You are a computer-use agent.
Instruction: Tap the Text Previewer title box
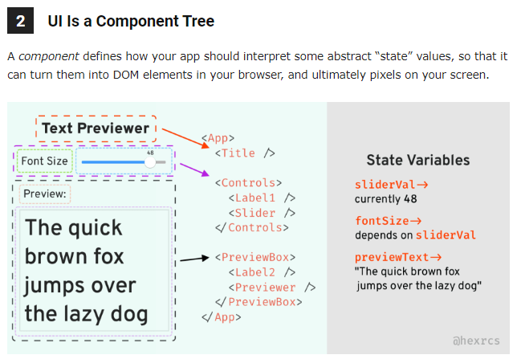click(x=96, y=128)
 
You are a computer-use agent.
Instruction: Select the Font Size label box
click(x=44, y=161)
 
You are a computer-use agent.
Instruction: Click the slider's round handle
click(x=150, y=162)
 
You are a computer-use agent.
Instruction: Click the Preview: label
click(x=45, y=194)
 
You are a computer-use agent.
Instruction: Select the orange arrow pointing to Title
click(x=182, y=142)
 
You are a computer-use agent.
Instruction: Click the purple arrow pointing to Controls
click(x=193, y=169)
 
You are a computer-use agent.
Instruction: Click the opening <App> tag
click(x=218, y=138)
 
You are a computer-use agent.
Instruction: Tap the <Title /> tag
click(x=245, y=153)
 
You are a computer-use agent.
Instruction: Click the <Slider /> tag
click(x=262, y=213)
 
